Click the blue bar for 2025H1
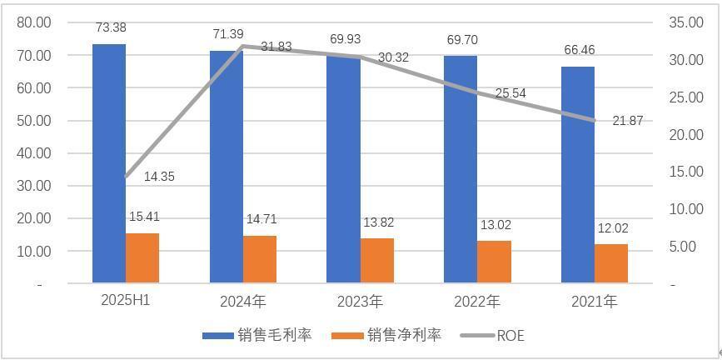click(109, 163)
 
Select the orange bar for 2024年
click(260, 259)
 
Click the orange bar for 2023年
click(377, 261)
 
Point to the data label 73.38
click(111, 28)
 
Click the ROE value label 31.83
click(276, 47)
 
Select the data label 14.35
click(159, 177)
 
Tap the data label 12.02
click(611, 229)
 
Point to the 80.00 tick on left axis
click(34, 22)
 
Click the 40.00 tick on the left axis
click(34, 153)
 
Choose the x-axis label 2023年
click(360, 301)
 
